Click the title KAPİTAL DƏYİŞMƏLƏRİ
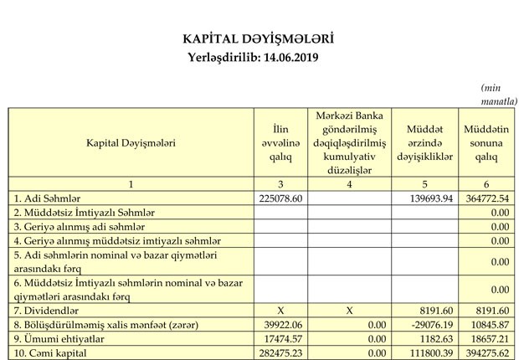click(x=259, y=39)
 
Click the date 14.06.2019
click(x=290, y=58)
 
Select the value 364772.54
click(x=487, y=198)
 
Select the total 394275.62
click(x=487, y=352)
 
